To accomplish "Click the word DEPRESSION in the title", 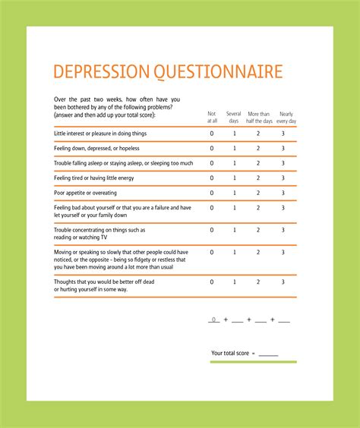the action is pos(102,72).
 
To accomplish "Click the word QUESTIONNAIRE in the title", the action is pos(219,72).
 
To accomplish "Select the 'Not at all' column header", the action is pos(212,117).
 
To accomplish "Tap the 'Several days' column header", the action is pos(234,117).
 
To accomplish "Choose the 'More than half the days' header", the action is pos(258,117).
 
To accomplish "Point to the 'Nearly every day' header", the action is pos(286,117).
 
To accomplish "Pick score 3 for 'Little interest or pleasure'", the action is pos(283,133).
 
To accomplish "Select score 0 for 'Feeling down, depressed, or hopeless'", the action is pos(212,148).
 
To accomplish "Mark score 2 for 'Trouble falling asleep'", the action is pos(258,163).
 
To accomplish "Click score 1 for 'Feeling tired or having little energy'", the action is pos(235,178).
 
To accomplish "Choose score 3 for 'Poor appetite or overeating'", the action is pos(283,193).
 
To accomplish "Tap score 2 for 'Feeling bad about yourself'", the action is pos(258,208).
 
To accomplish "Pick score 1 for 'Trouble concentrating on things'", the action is pos(235,230).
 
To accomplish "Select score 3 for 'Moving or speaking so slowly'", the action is pos(283,252).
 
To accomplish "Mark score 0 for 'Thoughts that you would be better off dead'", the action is pos(212,282).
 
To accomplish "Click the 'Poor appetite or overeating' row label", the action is pos(85,193).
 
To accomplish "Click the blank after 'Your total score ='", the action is pos(268,354).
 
